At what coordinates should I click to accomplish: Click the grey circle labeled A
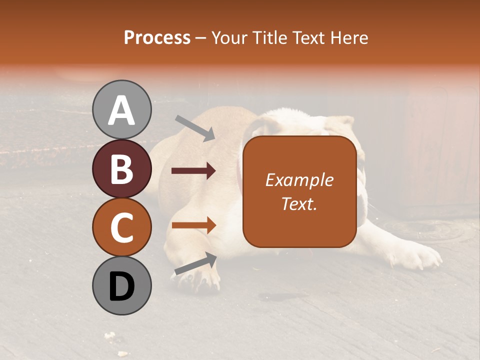coord(121,110)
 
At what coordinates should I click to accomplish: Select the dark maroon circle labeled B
coord(121,169)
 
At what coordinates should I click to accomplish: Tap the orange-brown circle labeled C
coord(121,227)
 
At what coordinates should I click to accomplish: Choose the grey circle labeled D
coord(121,285)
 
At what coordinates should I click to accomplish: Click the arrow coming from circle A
coord(194,127)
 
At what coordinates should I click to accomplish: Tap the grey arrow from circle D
coord(195,263)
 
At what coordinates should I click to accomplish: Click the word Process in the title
coord(157,37)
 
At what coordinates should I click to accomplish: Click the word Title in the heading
coord(269,37)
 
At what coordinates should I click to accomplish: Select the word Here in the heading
coord(349,37)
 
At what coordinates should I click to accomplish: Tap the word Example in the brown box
coord(299,180)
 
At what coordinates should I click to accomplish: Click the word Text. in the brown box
coord(299,203)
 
